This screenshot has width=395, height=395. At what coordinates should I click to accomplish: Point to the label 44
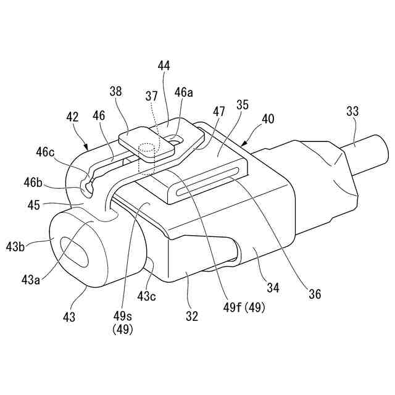click(x=164, y=65)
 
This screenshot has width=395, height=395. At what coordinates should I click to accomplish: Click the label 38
click(x=115, y=91)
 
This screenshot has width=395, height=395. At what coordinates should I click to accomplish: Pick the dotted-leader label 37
click(x=151, y=96)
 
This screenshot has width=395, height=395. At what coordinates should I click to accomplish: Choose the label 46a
click(x=183, y=93)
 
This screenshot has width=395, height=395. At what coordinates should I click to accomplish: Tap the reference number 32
click(x=192, y=316)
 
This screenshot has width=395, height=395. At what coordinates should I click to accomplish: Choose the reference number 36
click(x=315, y=295)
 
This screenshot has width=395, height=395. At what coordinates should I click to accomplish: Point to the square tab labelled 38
click(x=144, y=143)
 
